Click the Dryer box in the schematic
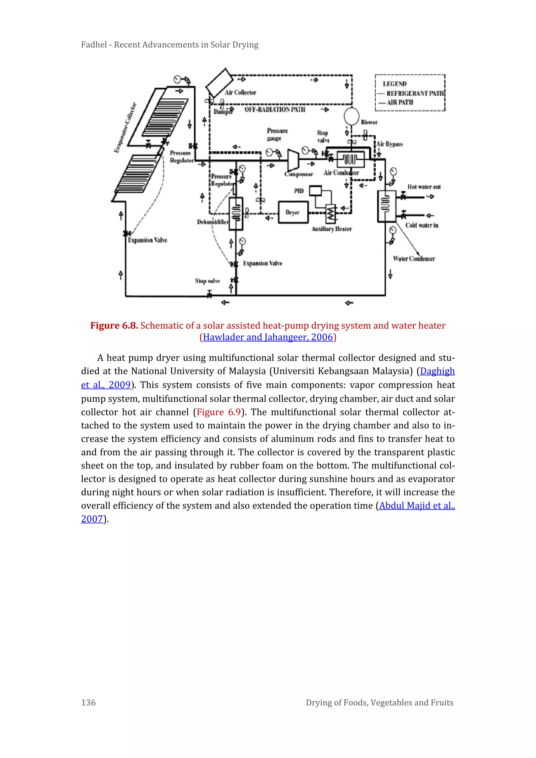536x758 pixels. coord(293,213)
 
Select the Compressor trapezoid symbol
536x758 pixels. coord(293,161)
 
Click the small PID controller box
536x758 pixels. coord(315,191)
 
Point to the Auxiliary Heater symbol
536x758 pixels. coord(330,214)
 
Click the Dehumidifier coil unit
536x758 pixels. coord(236,213)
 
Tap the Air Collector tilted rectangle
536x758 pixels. coord(219,82)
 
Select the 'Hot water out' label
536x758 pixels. coord(424,187)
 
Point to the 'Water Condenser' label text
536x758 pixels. coord(414,258)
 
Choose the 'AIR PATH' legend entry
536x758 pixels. coord(400,102)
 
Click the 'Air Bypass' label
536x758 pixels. coord(389,144)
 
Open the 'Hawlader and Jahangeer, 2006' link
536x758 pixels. coord(268,337)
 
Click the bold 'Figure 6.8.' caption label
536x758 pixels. coord(114,325)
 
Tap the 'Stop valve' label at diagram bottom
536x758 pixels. coord(207,281)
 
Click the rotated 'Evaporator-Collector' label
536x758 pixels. coord(125,128)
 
